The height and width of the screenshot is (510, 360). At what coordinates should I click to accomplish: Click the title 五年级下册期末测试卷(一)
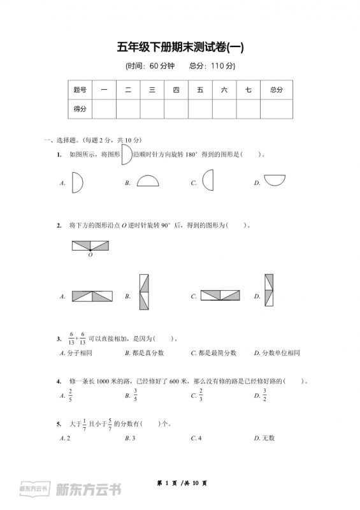click(x=180, y=47)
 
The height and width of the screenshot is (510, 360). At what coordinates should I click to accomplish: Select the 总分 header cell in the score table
click(x=276, y=91)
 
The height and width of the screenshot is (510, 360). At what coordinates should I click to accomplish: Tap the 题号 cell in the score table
click(x=80, y=91)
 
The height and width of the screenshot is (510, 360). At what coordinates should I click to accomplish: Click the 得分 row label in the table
click(x=80, y=109)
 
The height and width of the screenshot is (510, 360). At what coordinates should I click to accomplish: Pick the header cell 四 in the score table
click(x=176, y=91)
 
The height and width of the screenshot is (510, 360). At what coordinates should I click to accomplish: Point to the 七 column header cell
click(x=248, y=91)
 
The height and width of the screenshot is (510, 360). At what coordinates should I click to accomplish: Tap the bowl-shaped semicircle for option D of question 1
click(x=275, y=180)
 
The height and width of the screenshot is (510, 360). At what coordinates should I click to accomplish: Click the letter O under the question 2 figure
click(x=90, y=254)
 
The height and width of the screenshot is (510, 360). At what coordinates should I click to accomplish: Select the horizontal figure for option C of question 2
click(x=220, y=295)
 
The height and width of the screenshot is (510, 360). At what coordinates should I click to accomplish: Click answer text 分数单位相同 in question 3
click(x=280, y=353)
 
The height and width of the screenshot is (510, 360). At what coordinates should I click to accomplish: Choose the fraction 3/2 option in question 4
click(x=264, y=395)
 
